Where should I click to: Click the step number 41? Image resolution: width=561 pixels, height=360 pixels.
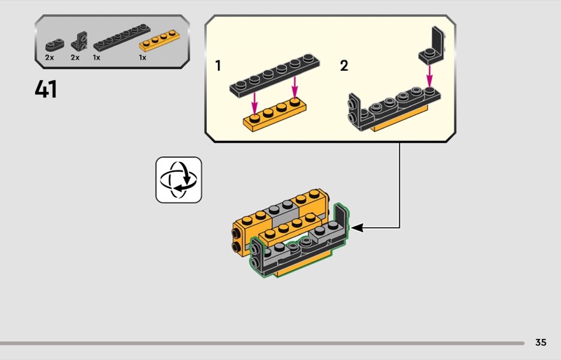pos(46,89)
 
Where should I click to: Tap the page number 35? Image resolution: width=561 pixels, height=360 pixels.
pos(540,342)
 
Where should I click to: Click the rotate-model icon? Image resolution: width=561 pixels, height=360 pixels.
pos(178,180)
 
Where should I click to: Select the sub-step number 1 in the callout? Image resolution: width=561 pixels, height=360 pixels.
pos(218,66)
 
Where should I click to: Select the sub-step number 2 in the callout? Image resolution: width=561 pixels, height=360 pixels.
pos(344,66)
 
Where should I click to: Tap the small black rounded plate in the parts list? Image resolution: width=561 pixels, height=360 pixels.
pos(53,42)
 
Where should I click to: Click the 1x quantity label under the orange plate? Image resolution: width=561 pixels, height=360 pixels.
pos(142,58)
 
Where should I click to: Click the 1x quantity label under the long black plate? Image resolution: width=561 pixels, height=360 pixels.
pos(97,58)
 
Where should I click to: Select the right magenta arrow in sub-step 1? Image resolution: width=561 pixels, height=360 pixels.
pos(295,87)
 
